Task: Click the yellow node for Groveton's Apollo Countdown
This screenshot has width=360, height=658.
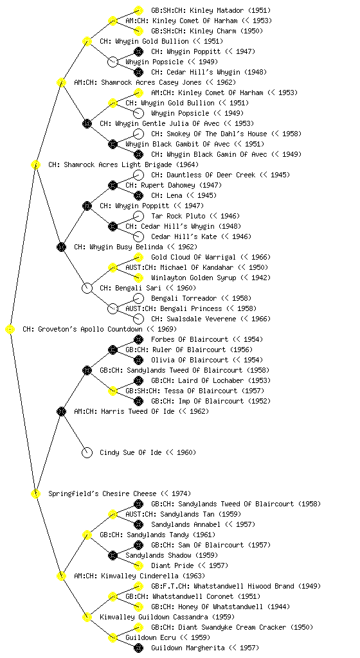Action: pos(10,330)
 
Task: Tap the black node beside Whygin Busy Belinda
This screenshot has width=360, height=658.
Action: pos(61,247)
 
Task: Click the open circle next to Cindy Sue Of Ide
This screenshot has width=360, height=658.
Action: pos(87,453)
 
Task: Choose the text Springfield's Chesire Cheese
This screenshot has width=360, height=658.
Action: pos(102,494)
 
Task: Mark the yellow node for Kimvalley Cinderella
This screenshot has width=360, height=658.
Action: pos(61,576)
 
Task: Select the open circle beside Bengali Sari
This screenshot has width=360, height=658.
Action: pos(87,289)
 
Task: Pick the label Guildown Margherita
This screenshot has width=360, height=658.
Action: pos(188,648)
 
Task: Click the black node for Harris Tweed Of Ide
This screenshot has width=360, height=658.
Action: pos(61,412)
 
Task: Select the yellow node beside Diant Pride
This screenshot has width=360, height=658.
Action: pos(138,565)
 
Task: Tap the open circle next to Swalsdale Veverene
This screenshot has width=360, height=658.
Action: pos(138,319)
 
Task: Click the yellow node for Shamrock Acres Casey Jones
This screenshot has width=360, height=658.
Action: pos(61,82)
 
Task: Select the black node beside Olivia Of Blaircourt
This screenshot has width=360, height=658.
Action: pos(138,360)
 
